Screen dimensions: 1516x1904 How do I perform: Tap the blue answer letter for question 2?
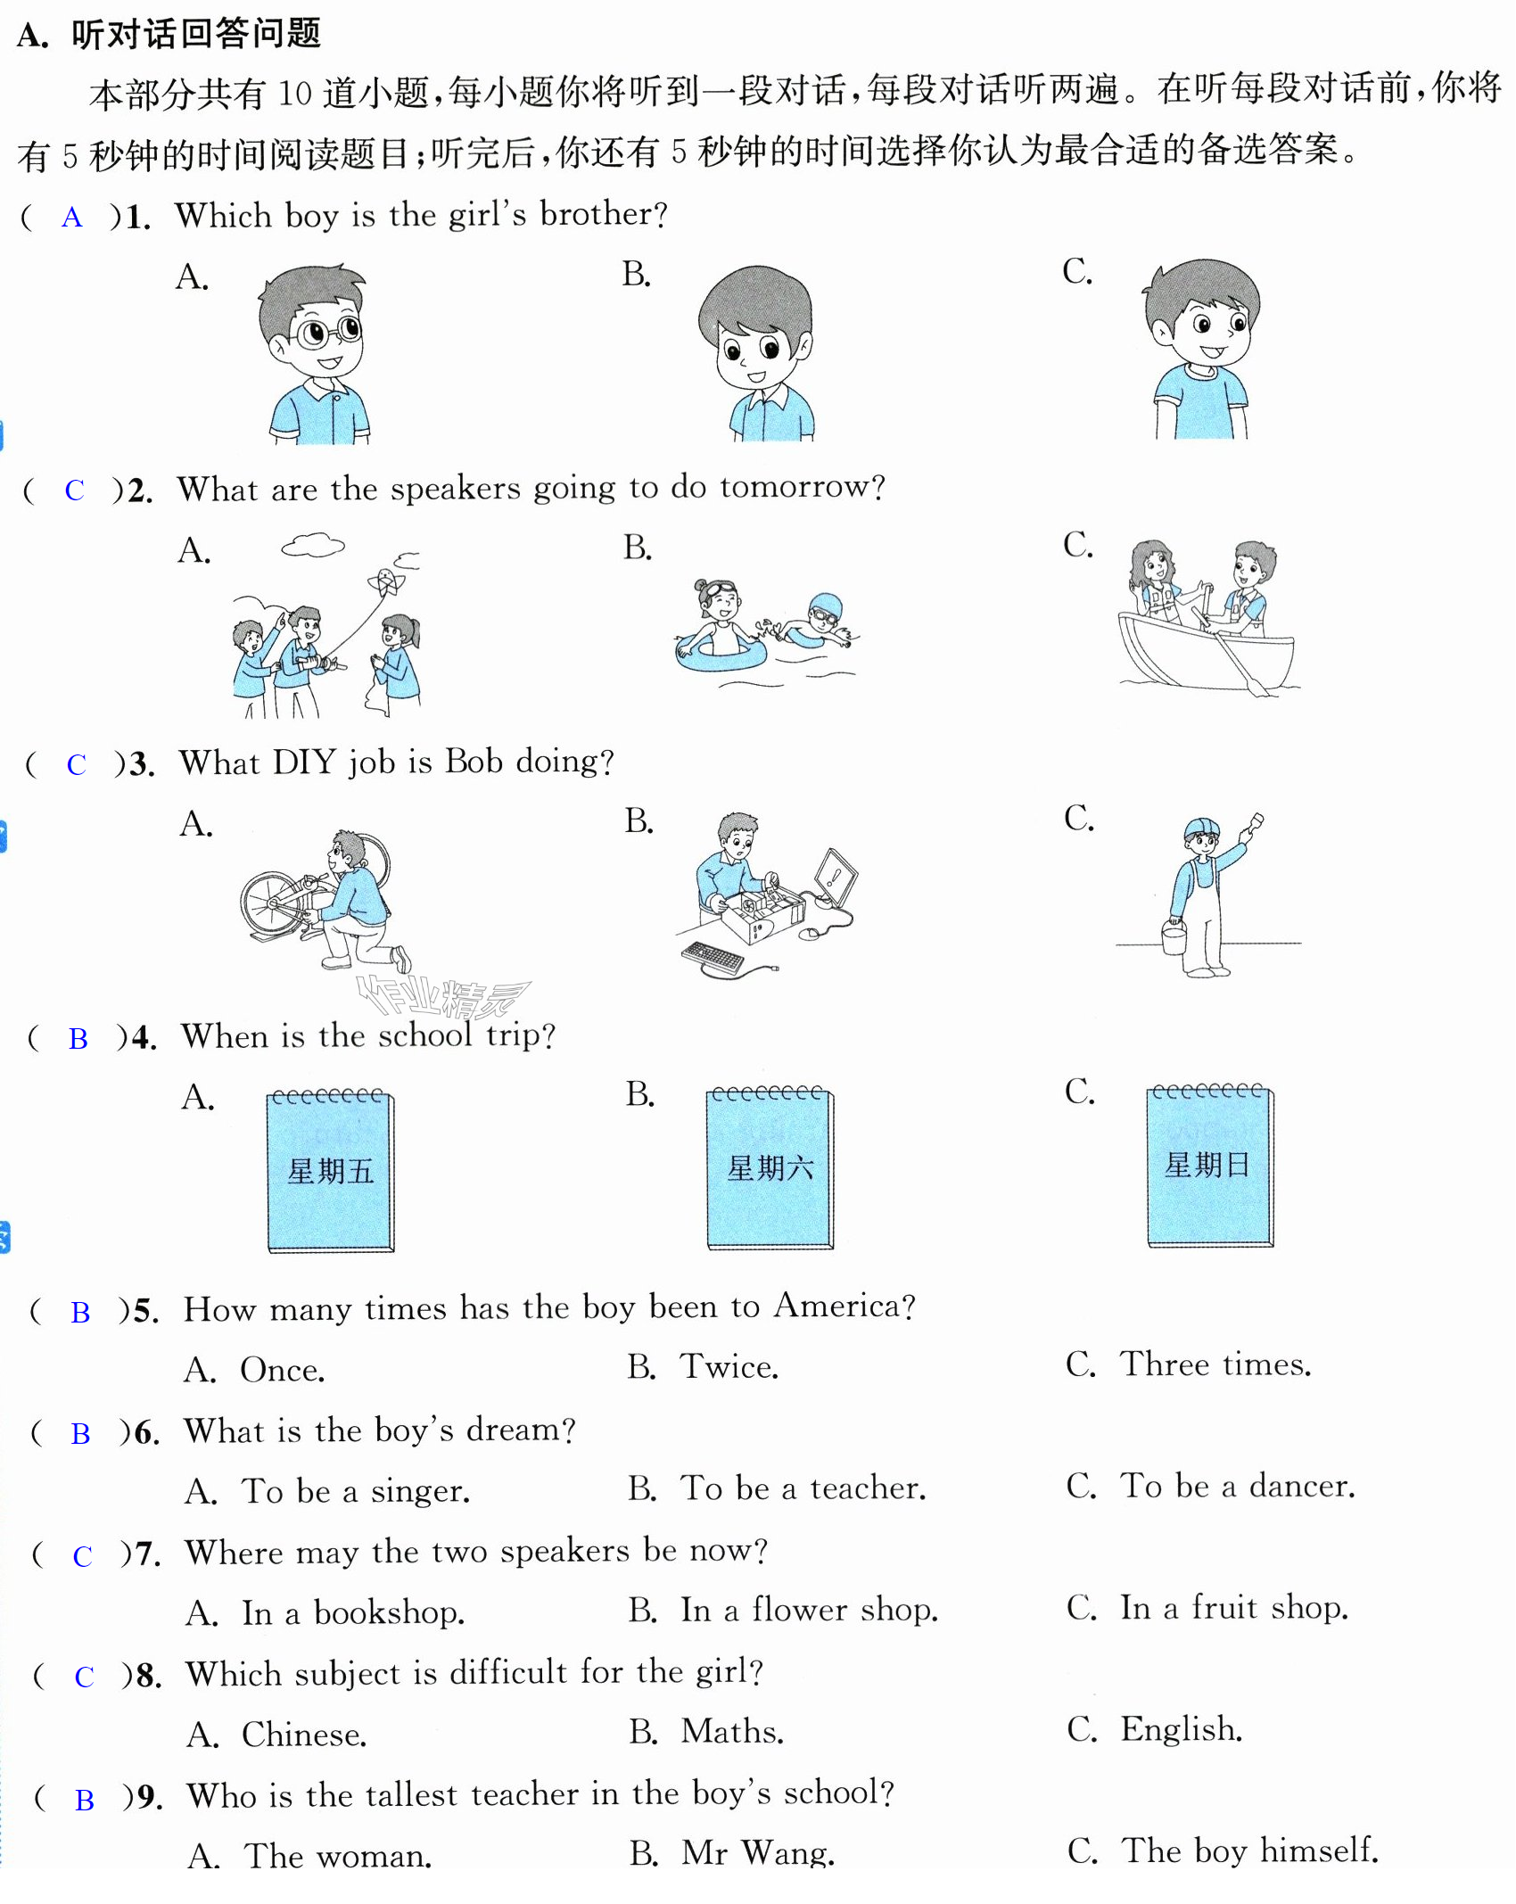click(x=74, y=490)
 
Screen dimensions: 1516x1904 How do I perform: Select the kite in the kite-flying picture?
click(x=386, y=581)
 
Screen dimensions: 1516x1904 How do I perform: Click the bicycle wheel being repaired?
click(x=271, y=904)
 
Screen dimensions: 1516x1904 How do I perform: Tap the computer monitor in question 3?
click(x=836, y=878)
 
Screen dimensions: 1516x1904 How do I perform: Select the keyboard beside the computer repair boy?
click(x=713, y=959)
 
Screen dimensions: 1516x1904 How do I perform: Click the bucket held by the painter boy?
click(x=1174, y=937)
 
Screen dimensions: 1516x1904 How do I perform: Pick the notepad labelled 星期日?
click(x=1210, y=1165)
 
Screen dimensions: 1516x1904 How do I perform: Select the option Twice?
click(x=703, y=1366)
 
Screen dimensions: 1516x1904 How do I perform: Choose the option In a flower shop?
click(x=784, y=1610)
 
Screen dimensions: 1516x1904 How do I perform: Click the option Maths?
click(x=707, y=1731)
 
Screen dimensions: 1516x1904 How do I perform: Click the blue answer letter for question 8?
click(x=84, y=1677)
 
